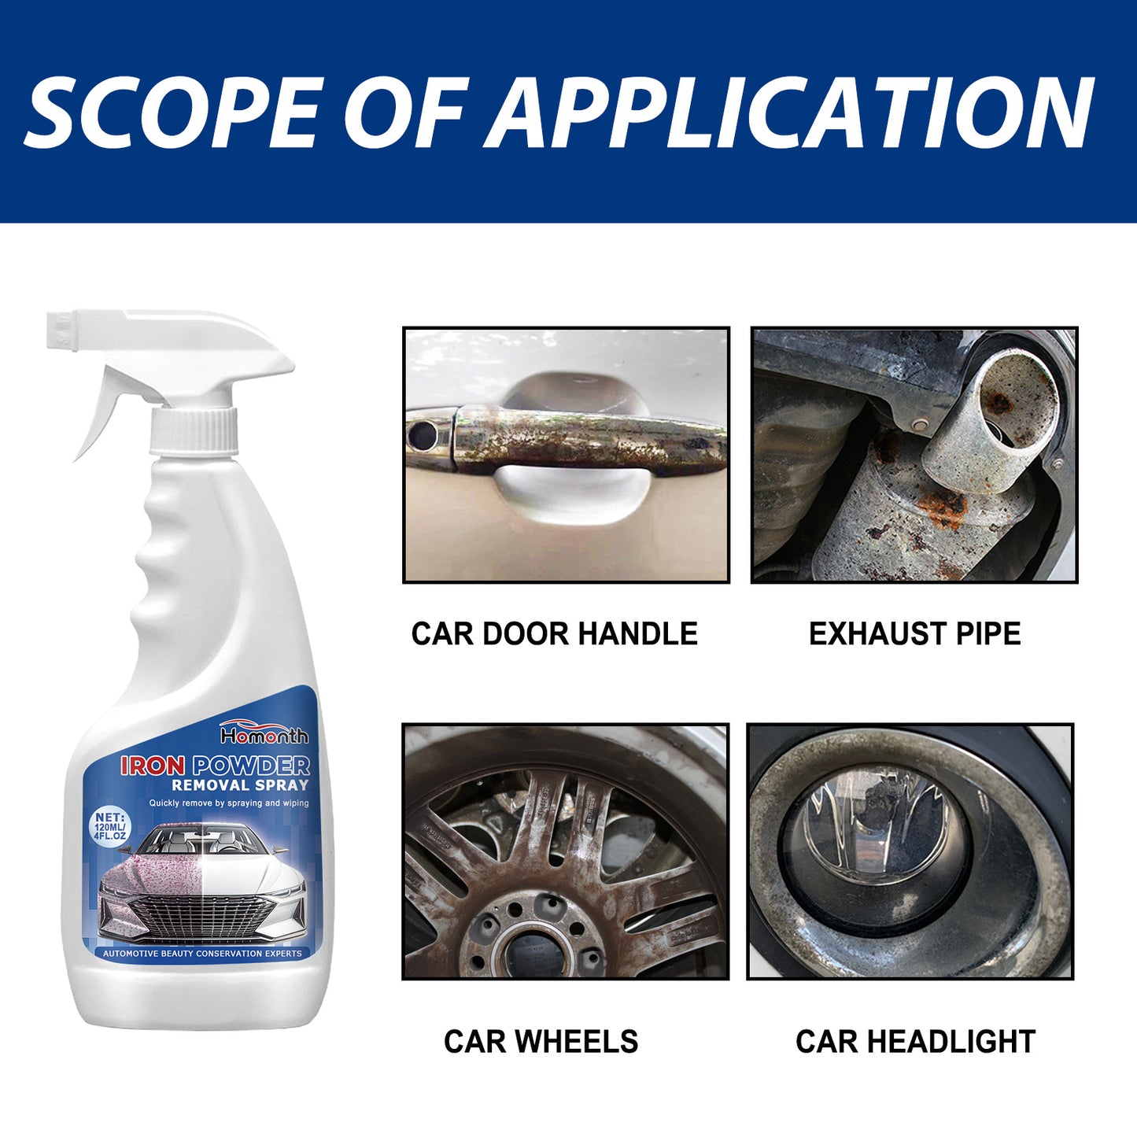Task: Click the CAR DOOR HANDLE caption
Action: tap(554, 634)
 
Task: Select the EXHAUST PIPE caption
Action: tap(914, 634)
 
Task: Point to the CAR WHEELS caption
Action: tap(541, 1041)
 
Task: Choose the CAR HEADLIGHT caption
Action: tap(915, 1041)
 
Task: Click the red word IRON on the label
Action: tap(153, 766)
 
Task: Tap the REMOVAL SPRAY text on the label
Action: tap(240, 785)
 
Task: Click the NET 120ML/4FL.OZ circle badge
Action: tap(109, 826)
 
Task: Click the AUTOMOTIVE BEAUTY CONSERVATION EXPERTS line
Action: tap(202, 954)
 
